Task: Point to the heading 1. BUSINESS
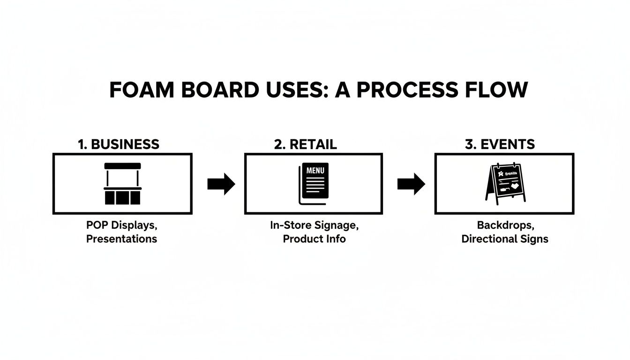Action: coord(119,144)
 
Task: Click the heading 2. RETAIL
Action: coord(305,144)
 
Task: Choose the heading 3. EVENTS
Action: coord(500,144)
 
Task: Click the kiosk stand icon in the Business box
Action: coord(122,184)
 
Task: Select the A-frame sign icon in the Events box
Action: coord(505,184)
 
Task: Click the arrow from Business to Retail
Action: coord(221,184)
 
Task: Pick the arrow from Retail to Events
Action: coord(411,184)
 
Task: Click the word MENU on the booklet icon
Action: coord(315,171)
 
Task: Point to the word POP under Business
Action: coord(97,225)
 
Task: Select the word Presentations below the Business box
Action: coord(121,239)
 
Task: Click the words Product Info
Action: coord(314,239)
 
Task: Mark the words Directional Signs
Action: coord(505,239)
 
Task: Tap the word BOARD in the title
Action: coord(219,90)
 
